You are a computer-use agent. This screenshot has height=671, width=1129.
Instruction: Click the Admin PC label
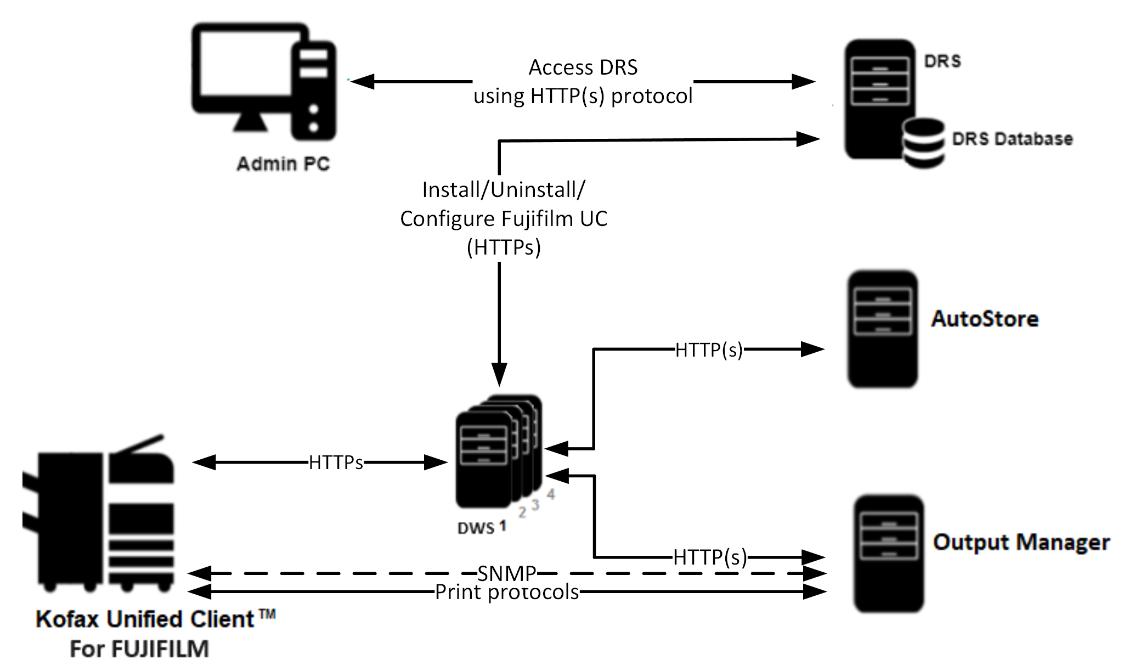click(x=283, y=163)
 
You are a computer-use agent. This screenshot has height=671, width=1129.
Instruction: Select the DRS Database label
click(x=1012, y=139)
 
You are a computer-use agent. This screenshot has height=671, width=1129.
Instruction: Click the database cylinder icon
click(x=923, y=142)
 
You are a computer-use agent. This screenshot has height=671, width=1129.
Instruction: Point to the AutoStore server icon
click(x=882, y=329)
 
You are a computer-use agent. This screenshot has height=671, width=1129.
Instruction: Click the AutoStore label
click(x=985, y=319)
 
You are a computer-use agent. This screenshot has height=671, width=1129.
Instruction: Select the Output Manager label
click(x=1021, y=542)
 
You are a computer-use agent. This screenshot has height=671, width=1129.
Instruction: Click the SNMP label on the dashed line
click(x=506, y=573)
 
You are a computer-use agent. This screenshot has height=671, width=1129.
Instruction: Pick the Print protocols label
click(x=507, y=592)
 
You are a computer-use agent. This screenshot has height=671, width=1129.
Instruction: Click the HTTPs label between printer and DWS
click(x=336, y=463)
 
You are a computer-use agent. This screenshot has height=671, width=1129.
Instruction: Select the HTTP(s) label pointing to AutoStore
click(x=708, y=349)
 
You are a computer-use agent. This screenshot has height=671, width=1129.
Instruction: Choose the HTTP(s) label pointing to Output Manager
click(x=710, y=557)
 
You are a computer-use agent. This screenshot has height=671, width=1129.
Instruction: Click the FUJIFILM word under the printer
click(x=160, y=649)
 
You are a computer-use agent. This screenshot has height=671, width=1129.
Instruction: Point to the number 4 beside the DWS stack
click(x=551, y=494)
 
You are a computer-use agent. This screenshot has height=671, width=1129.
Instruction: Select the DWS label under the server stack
click(x=476, y=528)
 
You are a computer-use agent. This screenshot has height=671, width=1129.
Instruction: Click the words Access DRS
click(x=583, y=67)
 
